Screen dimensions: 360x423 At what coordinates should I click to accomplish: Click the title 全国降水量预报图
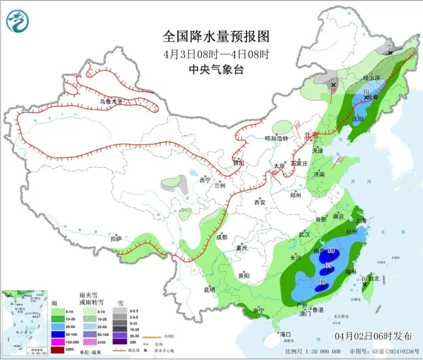click(x=216, y=36)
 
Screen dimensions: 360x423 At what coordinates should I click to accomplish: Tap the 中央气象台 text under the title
click(x=216, y=69)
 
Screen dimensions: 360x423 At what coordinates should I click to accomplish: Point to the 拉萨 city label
click(x=116, y=238)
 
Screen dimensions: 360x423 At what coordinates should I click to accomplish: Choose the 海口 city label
click(x=285, y=334)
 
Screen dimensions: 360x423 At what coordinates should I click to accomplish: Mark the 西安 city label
click(x=260, y=202)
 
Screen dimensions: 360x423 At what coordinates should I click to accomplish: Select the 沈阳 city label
click(x=357, y=118)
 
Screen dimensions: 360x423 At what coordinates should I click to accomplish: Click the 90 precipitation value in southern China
click(x=322, y=282)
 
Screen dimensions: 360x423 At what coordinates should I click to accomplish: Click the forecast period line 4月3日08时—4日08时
click(x=216, y=54)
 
